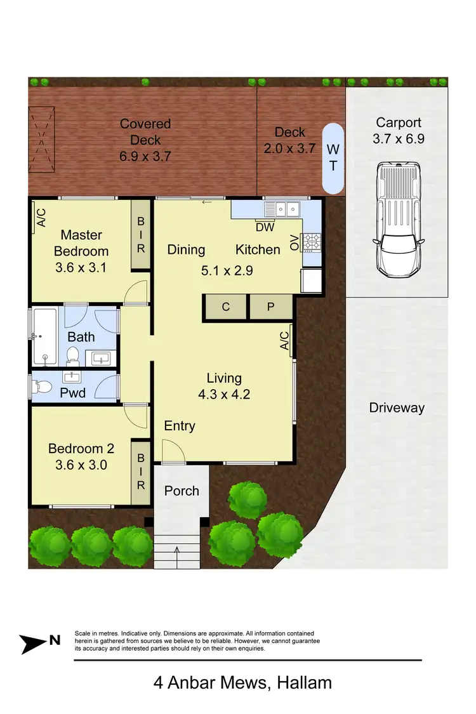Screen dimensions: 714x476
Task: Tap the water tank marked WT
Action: point(333,158)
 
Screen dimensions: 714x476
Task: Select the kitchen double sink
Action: point(284,208)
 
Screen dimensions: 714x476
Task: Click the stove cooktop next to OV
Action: point(312,241)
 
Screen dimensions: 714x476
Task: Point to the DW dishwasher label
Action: point(265,227)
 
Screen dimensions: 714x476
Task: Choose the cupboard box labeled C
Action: point(225,307)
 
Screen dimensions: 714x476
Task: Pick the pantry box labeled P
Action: point(270,307)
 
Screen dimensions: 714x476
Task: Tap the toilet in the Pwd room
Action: point(44,385)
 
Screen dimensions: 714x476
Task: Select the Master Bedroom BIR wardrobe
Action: point(141,235)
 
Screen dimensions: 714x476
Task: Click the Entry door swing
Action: point(171,452)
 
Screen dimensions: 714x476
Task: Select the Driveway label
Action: point(397,408)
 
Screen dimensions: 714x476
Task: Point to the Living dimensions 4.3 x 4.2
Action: point(224,394)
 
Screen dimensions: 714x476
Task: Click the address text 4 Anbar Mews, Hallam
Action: point(242,683)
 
